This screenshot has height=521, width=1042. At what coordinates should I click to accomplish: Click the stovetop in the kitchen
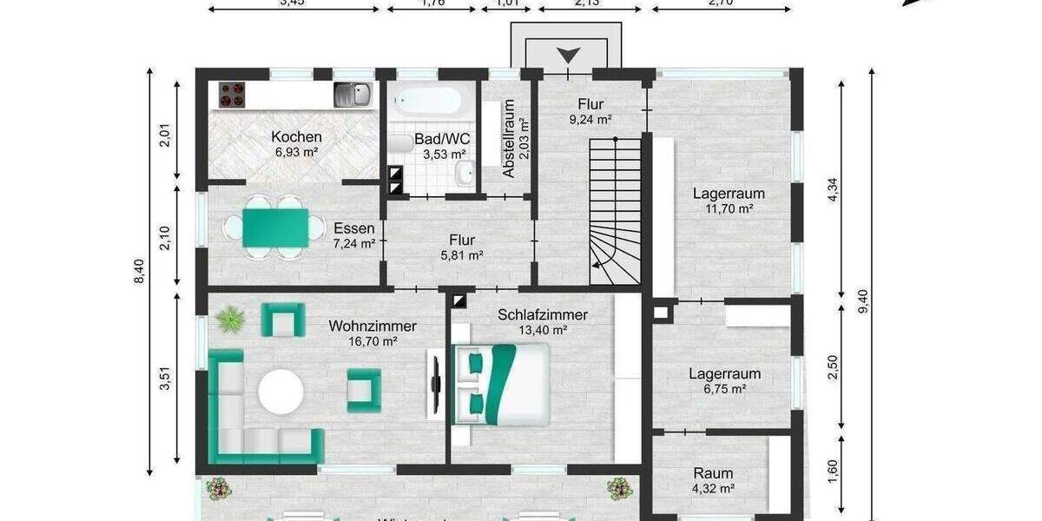click(x=232, y=95)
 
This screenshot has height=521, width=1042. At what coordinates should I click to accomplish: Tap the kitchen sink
click(x=353, y=94)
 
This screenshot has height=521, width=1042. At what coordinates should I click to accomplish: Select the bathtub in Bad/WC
click(x=425, y=102)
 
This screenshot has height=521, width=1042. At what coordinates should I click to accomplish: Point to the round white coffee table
click(x=280, y=392)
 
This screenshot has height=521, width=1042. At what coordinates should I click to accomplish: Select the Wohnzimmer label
click(x=373, y=326)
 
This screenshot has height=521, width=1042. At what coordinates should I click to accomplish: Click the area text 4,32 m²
click(x=713, y=489)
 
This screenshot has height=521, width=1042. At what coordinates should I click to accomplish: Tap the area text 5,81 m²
click(x=461, y=255)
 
